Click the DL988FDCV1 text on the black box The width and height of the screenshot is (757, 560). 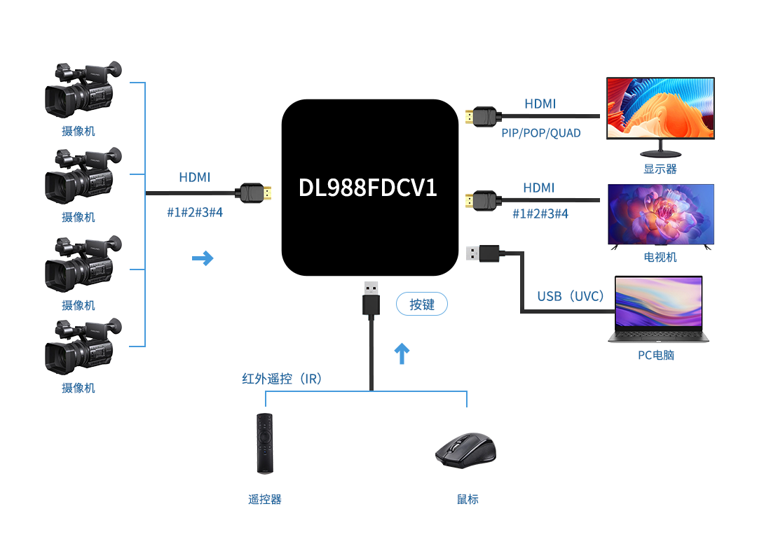point(368,188)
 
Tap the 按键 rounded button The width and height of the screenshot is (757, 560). point(421,304)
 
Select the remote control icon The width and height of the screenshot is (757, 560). point(264,444)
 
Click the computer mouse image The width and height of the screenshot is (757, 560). point(466,449)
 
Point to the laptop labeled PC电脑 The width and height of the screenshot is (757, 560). point(658,309)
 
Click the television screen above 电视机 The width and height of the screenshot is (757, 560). point(660,214)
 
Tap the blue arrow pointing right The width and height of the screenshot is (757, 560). point(203,259)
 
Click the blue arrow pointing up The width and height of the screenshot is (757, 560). point(402,353)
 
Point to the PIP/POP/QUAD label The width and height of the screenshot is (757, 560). point(541,133)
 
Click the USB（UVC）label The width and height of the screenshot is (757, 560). point(571,296)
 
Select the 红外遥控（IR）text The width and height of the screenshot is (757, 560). point(282,379)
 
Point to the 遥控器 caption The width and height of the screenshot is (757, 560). point(264,499)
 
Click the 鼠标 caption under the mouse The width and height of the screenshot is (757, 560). point(468,499)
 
